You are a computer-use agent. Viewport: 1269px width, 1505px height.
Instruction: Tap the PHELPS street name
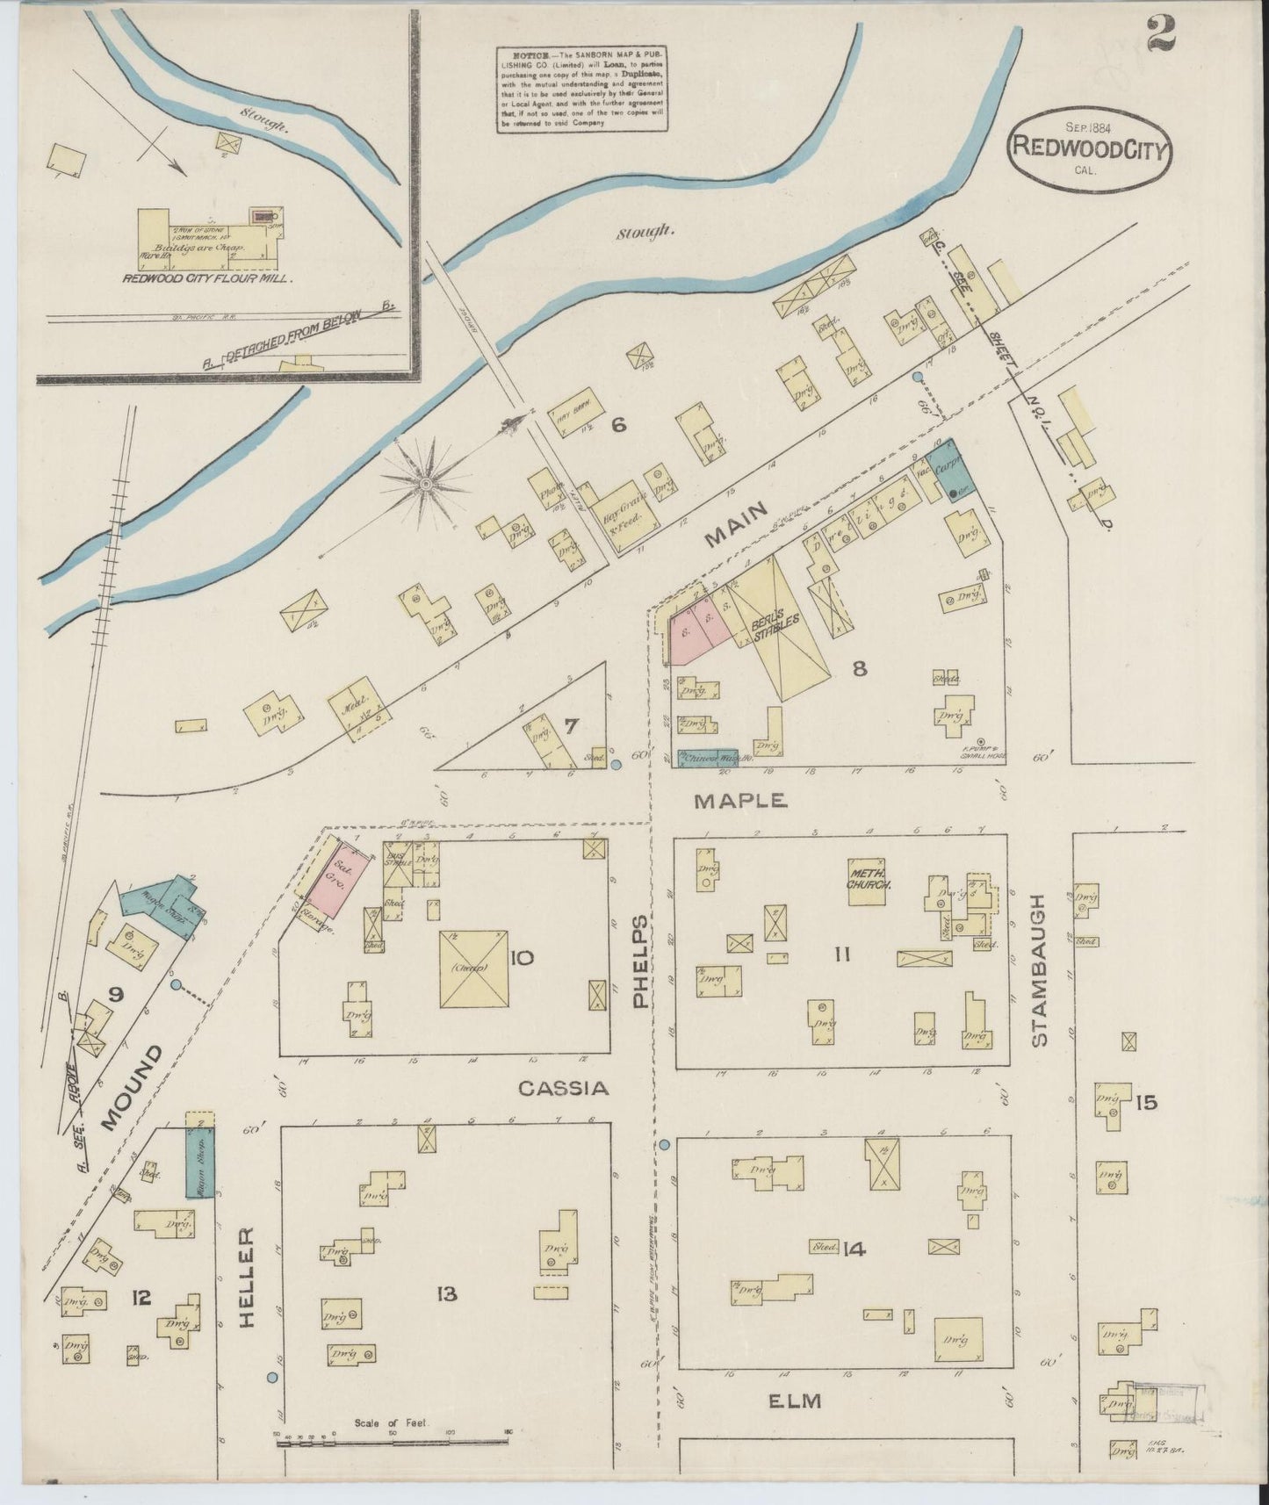641,961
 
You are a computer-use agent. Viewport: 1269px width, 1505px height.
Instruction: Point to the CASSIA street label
563,1089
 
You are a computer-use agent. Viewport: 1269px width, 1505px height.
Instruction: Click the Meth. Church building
869,878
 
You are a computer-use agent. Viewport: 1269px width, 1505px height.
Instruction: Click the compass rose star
426,483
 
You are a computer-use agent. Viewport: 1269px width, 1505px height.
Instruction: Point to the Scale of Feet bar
392,1440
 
